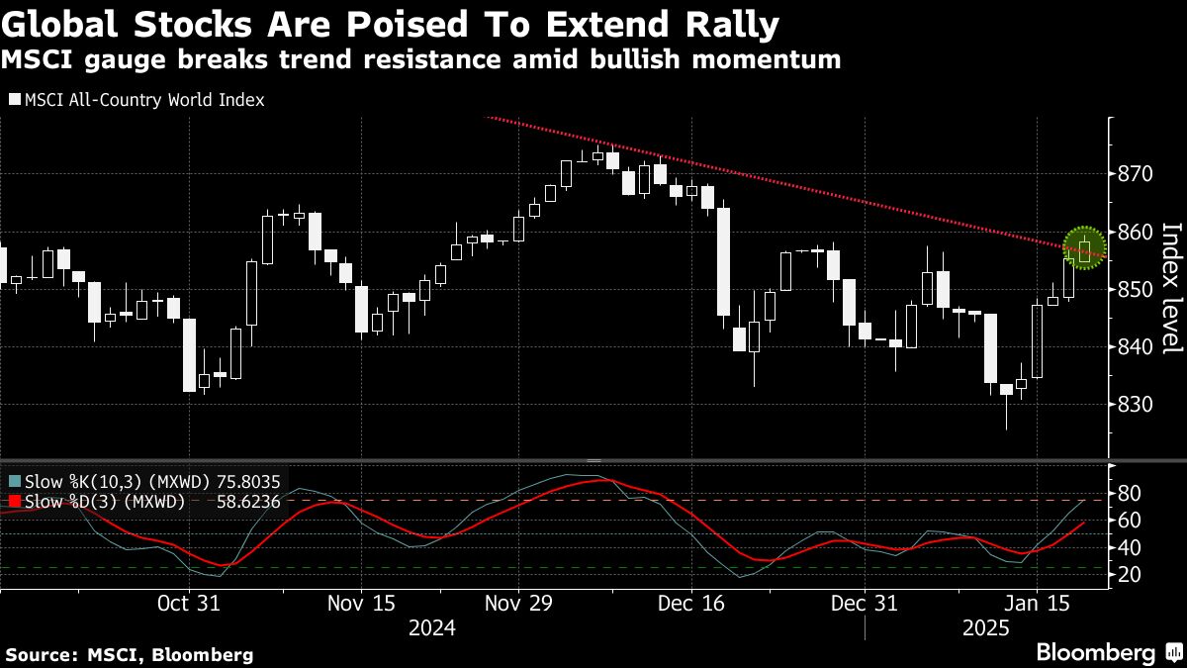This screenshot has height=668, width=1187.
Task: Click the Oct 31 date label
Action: click(188, 603)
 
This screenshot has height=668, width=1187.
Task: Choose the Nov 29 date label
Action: click(519, 603)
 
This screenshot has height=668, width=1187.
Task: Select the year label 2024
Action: click(432, 628)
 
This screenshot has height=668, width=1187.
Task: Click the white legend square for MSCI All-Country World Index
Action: click(14, 100)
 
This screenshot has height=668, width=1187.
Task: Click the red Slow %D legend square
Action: click(13, 502)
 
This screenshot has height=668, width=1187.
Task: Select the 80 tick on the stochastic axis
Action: click(1131, 493)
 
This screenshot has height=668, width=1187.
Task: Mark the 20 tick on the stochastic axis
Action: click(1131, 575)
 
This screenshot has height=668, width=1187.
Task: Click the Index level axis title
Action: click(1171, 288)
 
